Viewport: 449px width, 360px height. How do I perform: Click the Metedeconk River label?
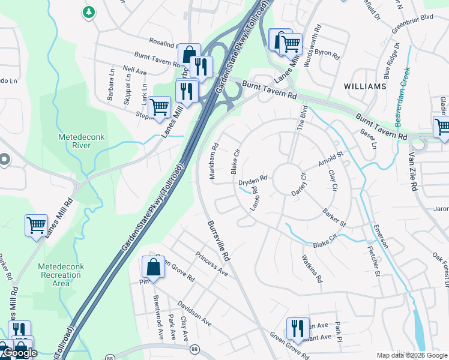[x=81, y=141]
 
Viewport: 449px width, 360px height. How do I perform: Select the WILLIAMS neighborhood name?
[x=365, y=86]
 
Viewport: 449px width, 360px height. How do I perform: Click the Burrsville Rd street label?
[x=218, y=239]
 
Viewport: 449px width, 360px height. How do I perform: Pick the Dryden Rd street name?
[x=252, y=180]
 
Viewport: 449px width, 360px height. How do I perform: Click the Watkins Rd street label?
[x=311, y=268]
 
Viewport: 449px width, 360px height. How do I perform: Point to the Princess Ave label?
[x=211, y=263]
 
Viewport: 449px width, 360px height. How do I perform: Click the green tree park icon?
[x=89, y=12]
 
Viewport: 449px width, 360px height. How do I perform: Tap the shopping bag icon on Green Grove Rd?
[x=153, y=268]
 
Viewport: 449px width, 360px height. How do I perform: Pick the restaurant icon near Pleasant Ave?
[x=297, y=328]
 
